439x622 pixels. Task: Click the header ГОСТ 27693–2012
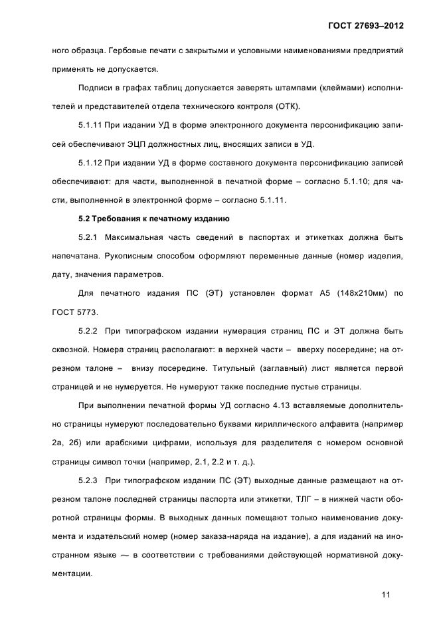pos(366,25)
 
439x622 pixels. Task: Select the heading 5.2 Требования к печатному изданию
pos(154,217)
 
